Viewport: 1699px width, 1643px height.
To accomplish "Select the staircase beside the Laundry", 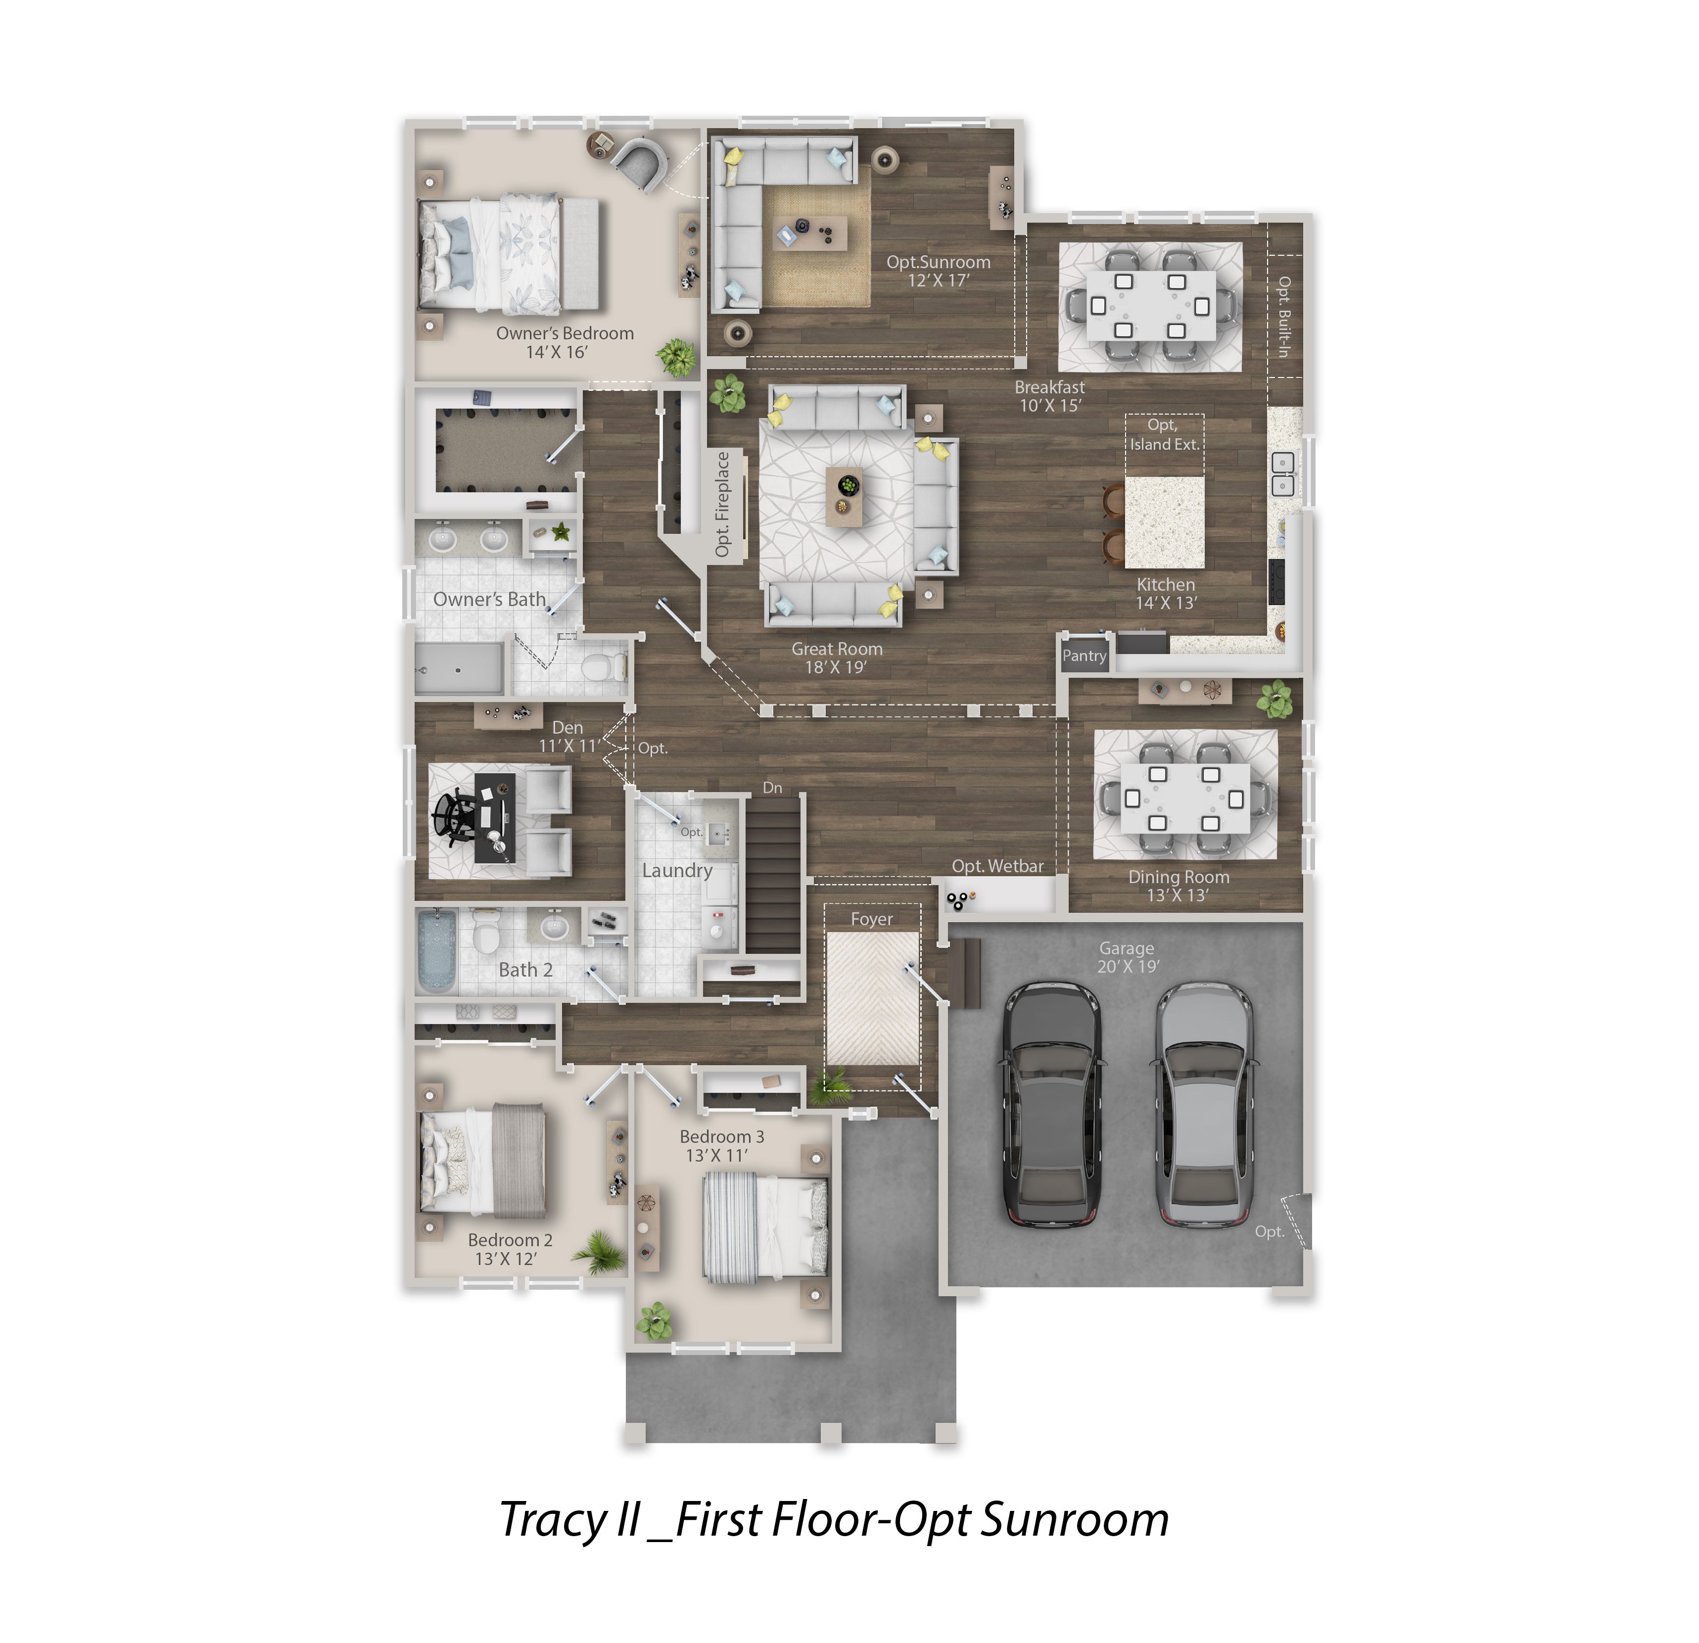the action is coord(774,875).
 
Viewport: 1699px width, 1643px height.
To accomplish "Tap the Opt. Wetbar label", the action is coord(998,866).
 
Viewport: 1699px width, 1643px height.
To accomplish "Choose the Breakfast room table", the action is coord(1150,306).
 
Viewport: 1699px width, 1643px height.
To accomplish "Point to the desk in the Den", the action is coord(495,818).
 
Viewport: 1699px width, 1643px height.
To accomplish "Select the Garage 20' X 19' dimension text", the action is coord(1127,966).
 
